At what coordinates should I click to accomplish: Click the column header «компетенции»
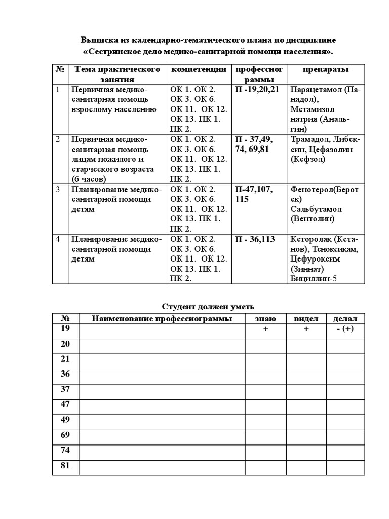pyautogui.click(x=199, y=69)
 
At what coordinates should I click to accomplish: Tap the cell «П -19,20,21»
pyautogui.click(x=257, y=89)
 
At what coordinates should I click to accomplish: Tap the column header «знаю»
pyautogui.click(x=265, y=319)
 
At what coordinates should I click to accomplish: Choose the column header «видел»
pyautogui.click(x=306, y=319)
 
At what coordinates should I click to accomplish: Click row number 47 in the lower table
pyautogui.click(x=65, y=404)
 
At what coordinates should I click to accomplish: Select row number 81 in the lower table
pyautogui.click(x=65, y=466)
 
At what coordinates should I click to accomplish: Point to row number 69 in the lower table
pyautogui.click(x=65, y=435)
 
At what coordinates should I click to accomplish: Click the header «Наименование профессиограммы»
pyautogui.click(x=162, y=319)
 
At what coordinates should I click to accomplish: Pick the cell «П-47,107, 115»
pyautogui.click(x=254, y=194)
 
